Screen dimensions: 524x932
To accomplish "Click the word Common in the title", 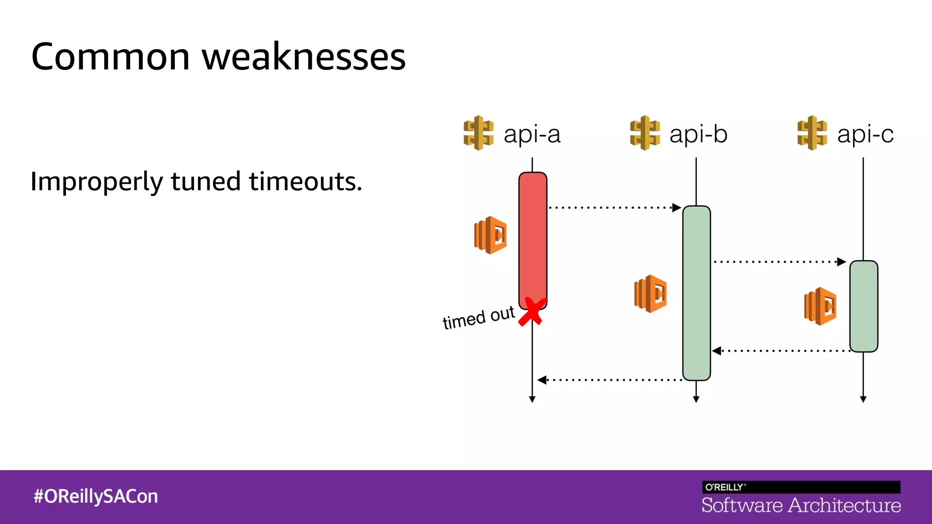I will tap(110, 57).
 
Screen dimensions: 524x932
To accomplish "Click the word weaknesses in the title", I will tap(304, 57).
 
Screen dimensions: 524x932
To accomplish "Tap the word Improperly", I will tap(96, 182).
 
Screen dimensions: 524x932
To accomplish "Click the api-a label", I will tap(532, 134).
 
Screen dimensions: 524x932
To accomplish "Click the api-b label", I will tap(698, 134).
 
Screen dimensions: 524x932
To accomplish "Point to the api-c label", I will tap(865, 134).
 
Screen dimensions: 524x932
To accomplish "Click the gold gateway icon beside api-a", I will tap(478, 133).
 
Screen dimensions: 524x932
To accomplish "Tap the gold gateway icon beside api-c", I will tap(812, 133).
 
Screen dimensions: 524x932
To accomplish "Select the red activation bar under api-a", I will tap(532, 237).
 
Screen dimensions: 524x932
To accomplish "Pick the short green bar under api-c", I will tap(863, 306).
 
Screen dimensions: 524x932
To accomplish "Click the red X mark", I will tap(532, 312).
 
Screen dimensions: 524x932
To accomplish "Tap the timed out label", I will tap(478, 317).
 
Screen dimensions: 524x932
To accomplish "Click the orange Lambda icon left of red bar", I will tap(490, 235).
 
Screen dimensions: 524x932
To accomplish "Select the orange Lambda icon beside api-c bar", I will tap(820, 306).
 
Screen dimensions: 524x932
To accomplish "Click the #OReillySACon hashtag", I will tap(96, 496).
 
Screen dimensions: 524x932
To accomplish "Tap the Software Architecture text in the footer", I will tap(801, 505).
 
